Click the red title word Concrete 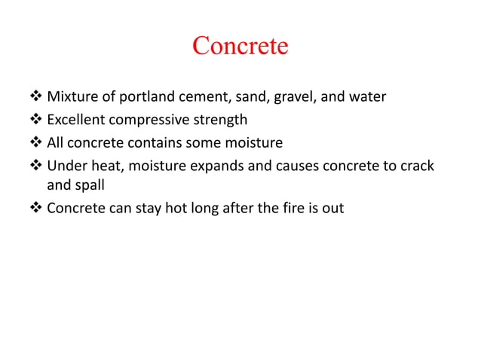click(x=240, y=46)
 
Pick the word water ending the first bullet click(x=369, y=97)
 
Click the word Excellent click(x=78, y=119)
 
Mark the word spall click(x=89, y=186)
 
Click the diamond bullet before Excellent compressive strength click(x=37, y=120)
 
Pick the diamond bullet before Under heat click(x=37, y=164)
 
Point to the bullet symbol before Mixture click(x=37, y=97)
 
